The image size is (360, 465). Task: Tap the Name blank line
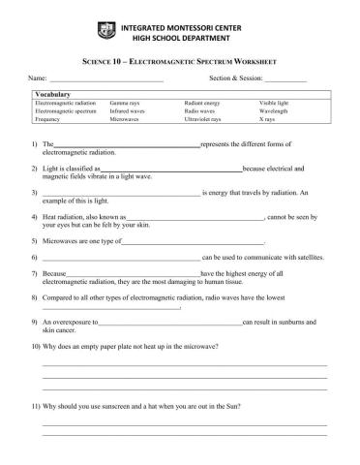(x=106, y=78)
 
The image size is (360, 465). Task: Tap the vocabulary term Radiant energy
(x=201, y=103)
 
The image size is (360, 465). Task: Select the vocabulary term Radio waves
(x=199, y=111)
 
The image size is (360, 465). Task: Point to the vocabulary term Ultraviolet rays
(x=202, y=120)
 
